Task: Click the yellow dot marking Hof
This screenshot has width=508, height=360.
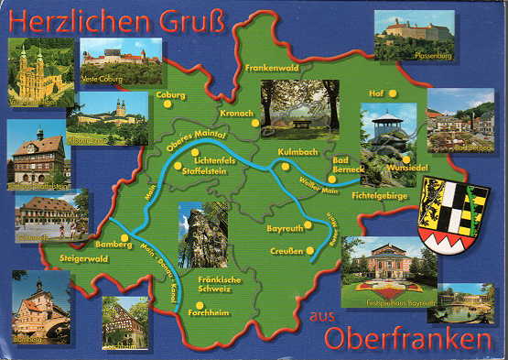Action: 394,93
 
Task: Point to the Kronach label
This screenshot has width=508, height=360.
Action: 236,113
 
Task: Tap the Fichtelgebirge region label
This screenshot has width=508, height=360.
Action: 378,196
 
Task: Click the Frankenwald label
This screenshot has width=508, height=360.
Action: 272,67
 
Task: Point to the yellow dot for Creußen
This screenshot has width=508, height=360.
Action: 310,250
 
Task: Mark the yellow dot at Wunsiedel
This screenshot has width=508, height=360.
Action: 405,158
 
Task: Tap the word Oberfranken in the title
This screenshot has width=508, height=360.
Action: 414,339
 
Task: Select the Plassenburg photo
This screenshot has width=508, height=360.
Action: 414,35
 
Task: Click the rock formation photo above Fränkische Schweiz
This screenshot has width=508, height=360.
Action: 202,234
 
